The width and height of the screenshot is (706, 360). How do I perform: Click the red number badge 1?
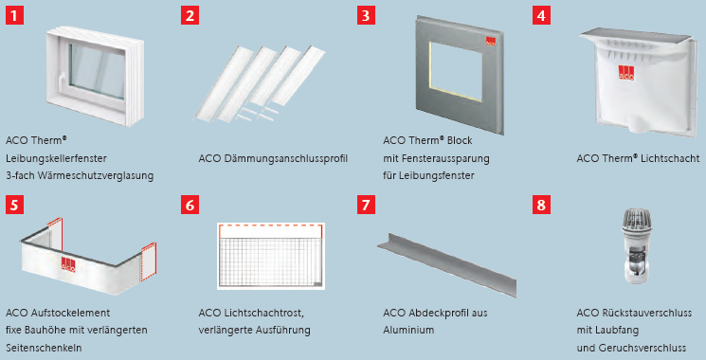(14, 16)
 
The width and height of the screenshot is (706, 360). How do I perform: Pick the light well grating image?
(270, 256)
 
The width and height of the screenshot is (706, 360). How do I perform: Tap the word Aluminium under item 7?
(408, 331)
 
